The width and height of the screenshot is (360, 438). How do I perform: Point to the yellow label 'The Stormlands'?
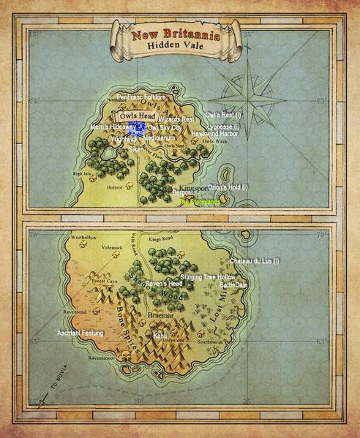(200, 201)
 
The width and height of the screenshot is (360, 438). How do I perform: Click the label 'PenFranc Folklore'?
(141, 97)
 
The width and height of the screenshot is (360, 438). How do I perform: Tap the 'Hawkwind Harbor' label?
(214, 134)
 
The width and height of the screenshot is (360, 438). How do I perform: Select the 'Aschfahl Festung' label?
(80, 333)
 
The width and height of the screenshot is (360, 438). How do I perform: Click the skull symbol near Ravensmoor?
(125, 358)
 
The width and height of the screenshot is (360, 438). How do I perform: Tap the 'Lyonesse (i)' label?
(223, 127)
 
